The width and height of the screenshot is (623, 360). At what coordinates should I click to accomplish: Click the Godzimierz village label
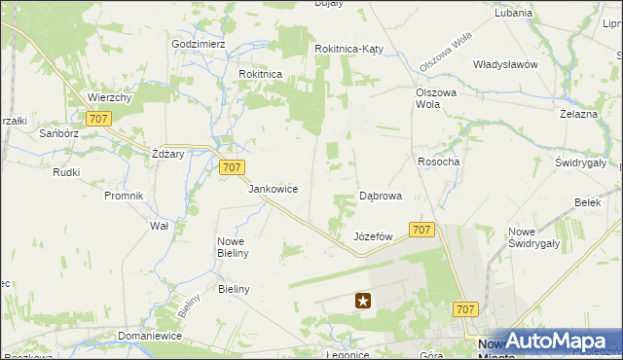click(x=199, y=45)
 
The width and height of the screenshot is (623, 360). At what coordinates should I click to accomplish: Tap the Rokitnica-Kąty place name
click(x=352, y=49)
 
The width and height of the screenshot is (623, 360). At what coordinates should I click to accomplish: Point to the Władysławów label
click(x=505, y=64)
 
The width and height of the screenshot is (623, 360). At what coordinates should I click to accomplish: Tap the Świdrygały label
click(x=581, y=162)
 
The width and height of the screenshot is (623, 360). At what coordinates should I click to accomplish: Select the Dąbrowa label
click(x=381, y=196)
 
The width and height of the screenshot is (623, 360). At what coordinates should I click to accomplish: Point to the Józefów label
click(x=373, y=236)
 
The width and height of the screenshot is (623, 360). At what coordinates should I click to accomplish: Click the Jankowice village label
click(x=273, y=189)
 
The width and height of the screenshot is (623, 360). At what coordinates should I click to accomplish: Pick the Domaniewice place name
click(x=150, y=336)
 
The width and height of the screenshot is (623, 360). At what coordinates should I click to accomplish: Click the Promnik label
click(x=124, y=195)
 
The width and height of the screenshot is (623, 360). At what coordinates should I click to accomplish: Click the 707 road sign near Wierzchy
click(x=97, y=119)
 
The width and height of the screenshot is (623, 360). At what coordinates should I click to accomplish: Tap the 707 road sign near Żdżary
click(x=231, y=167)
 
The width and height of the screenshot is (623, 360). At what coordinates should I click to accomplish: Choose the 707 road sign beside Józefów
click(x=421, y=230)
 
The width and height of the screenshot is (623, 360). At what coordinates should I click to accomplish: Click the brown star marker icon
click(x=363, y=302)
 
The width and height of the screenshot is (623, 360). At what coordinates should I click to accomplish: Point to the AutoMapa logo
click(x=559, y=341)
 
